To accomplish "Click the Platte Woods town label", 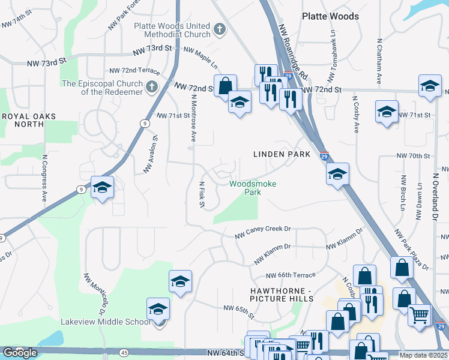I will tap(327, 16).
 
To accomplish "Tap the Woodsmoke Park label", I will tap(253, 188).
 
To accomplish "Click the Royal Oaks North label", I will tap(29, 120).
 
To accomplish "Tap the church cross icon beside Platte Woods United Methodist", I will tap(220, 28).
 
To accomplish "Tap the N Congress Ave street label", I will tap(44, 178).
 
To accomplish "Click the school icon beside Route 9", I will tap(102, 188).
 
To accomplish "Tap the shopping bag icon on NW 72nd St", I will tap(225, 85).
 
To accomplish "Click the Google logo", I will tap(20, 353).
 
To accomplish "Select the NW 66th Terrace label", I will tap(291, 275).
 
